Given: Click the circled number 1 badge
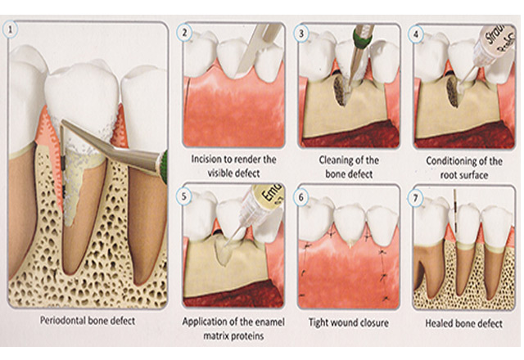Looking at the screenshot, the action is tap(11, 29).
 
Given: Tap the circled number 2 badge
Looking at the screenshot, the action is tap(184, 33).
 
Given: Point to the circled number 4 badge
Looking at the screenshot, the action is tap(416, 34).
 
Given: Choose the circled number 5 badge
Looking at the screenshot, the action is tap(184, 196).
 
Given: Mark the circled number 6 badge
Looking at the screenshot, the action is tap(301, 197).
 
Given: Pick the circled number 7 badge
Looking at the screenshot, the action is tap(415, 198).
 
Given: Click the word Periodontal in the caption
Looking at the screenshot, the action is tap(63, 321).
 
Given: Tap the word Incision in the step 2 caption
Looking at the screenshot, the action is tap(204, 160).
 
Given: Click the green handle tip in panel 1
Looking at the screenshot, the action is tap(163, 166).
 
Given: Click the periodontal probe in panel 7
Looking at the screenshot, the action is tap(455, 210).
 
